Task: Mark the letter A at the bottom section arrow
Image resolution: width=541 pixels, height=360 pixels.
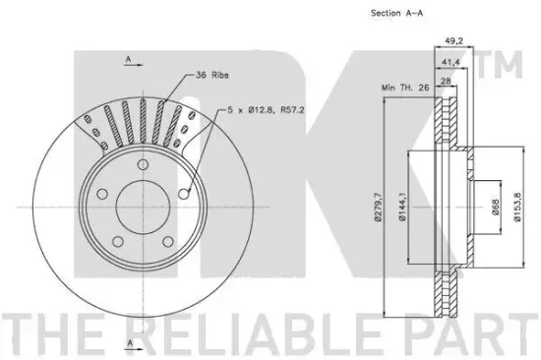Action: [x=128, y=342]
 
